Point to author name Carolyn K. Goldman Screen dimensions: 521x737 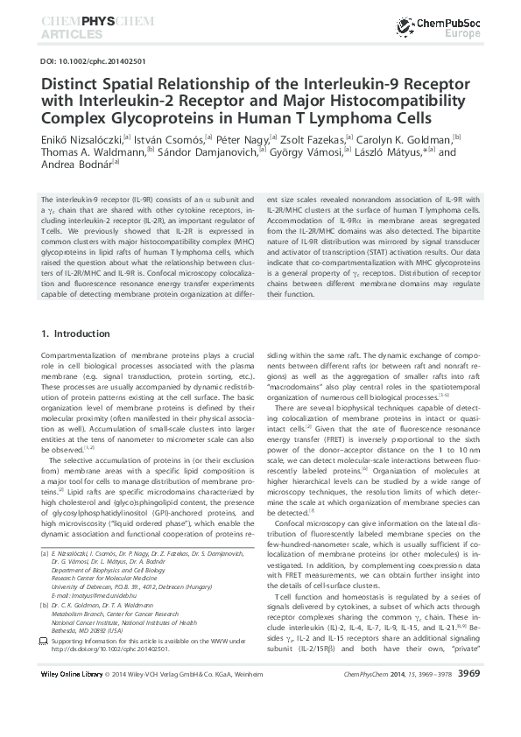click(403, 138)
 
